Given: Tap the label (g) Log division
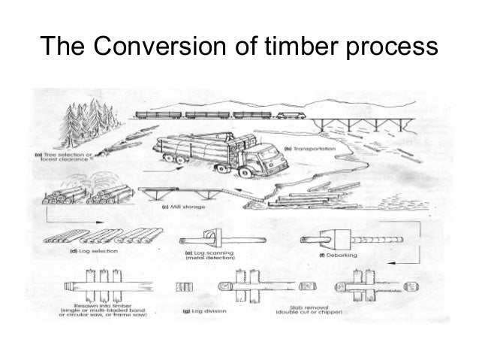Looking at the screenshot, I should [206, 307].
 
